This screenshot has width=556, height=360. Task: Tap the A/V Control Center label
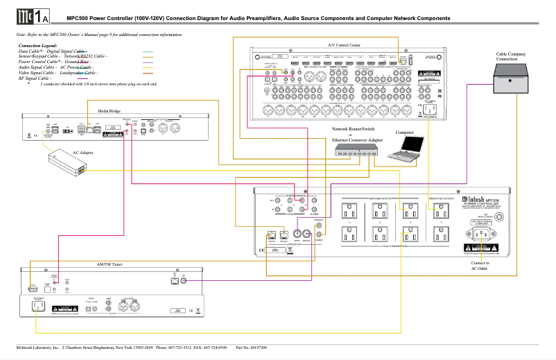point(344,44)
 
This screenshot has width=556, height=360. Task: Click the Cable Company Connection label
point(510,56)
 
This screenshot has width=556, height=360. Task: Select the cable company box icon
point(514,82)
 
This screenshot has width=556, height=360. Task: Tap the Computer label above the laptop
point(405,132)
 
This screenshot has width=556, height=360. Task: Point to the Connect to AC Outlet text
point(480,266)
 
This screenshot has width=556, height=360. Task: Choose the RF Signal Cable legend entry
point(35,78)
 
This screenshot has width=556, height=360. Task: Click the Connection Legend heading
point(37,45)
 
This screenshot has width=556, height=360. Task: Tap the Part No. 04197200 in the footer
point(251,347)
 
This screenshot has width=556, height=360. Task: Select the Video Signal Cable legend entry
point(37,72)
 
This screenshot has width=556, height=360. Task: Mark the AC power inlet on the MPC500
point(478,241)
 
